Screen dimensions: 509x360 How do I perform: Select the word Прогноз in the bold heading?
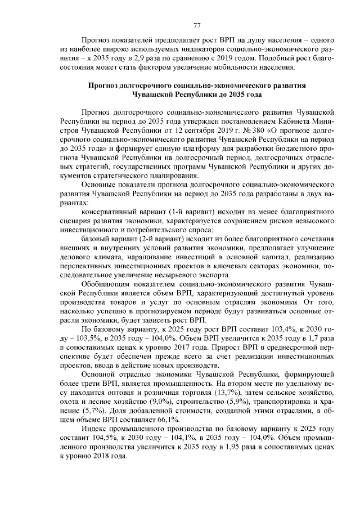click(104, 85)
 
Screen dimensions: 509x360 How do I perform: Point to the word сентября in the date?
click(147, 129)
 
